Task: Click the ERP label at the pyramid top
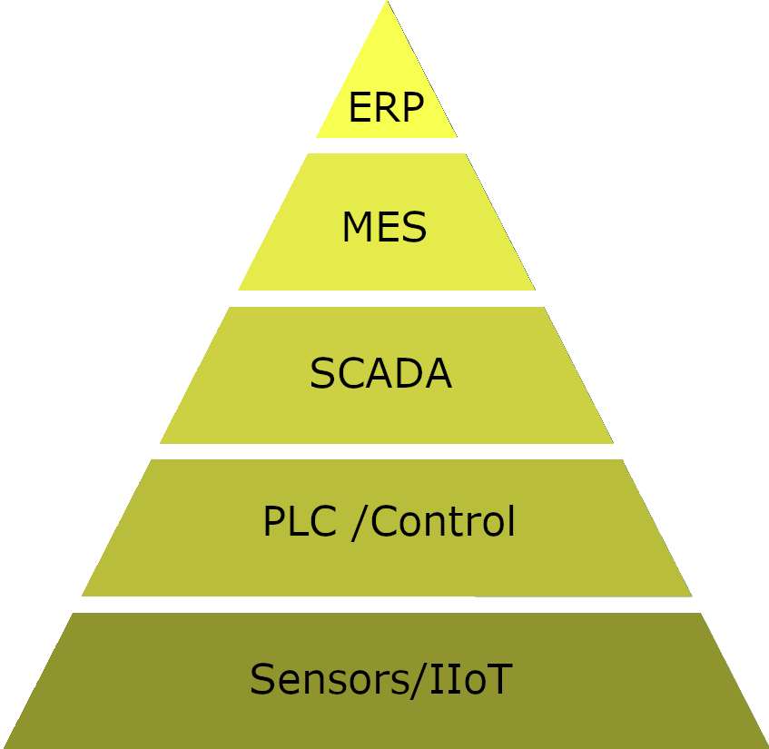pos(386,108)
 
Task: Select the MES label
pos(384,228)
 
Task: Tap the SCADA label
pos(380,374)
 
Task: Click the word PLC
pos(295,522)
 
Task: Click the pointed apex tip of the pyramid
pos(387,5)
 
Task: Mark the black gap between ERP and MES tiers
pos(386,145)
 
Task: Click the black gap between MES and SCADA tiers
pos(386,299)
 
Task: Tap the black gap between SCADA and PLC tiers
pos(386,451)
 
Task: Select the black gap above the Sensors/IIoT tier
pos(386,605)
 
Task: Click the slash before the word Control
pos(359,523)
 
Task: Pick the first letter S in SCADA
pos(322,374)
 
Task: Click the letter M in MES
pos(359,228)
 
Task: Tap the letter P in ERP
pos(412,108)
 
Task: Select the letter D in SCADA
pos(408,374)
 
